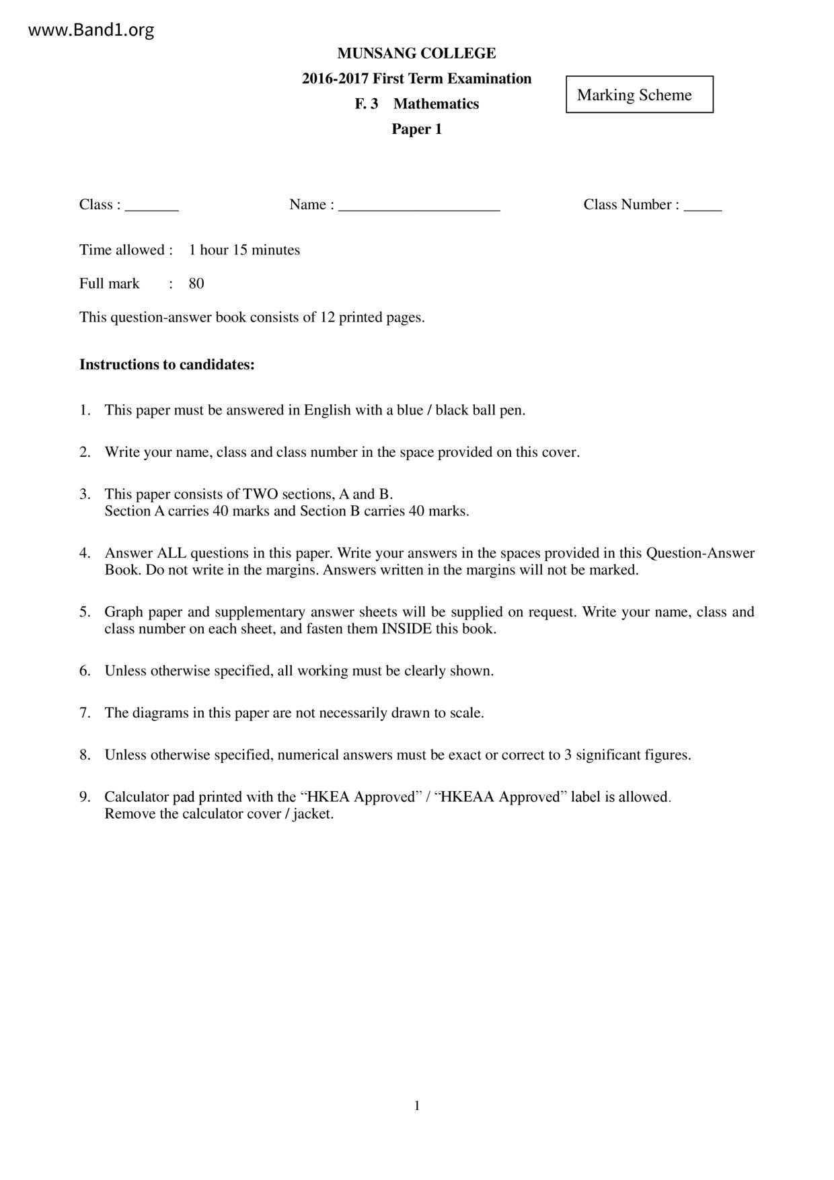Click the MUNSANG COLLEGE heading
pyautogui.click(x=416, y=53)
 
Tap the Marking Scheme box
pyautogui.click(x=639, y=95)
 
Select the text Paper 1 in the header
pyautogui.click(x=416, y=129)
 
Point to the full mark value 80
pyautogui.click(x=196, y=284)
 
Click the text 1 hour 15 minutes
pyautogui.click(x=244, y=250)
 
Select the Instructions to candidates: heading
pyautogui.click(x=167, y=365)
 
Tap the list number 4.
pyautogui.click(x=85, y=553)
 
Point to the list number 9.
pyautogui.click(x=85, y=797)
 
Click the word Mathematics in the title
pyautogui.click(x=436, y=104)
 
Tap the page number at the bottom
pyautogui.click(x=417, y=1105)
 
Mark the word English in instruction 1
pyautogui.click(x=328, y=410)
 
